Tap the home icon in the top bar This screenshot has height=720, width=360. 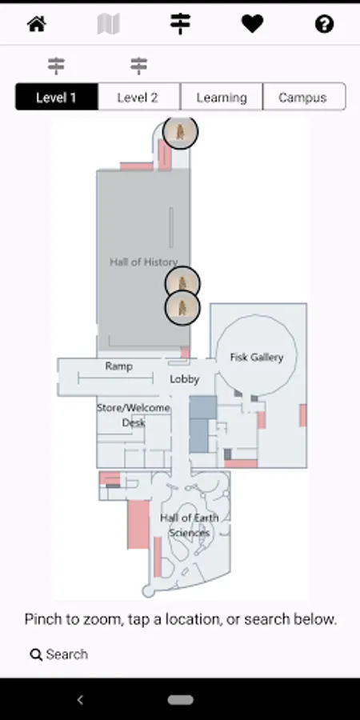click(37, 23)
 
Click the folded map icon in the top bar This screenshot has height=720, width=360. click(109, 23)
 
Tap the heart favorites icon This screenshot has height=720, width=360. click(253, 23)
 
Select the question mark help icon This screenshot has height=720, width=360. click(324, 24)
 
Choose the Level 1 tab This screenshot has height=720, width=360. click(57, 97)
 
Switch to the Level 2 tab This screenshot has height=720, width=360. click(138, 97)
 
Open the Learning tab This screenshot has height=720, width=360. click(222, 97)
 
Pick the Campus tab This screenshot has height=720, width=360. click(303, 97)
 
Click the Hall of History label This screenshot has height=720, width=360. click(144, 262)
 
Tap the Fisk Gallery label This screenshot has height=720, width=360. click(257, 358)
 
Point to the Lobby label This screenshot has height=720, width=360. click(185, 379)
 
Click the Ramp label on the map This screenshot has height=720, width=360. click(119, 366)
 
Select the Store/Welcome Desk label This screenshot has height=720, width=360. click(134, 415)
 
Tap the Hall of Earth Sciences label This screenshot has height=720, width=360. click(189, 526)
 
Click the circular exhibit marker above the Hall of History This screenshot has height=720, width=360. click(181, 132)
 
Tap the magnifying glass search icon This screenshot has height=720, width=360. click(36, 654)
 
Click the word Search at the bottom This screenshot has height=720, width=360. click(67, 654)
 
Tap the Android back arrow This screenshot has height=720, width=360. click(80, 699)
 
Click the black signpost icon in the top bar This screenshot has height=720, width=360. click(181, 23)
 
